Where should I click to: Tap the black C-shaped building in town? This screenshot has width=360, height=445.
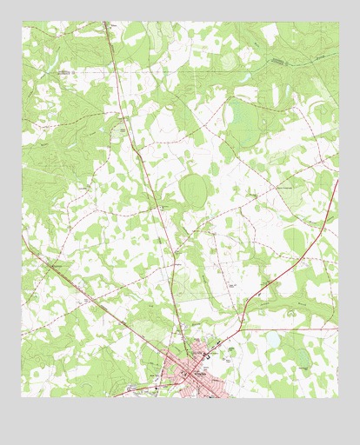[205, 355]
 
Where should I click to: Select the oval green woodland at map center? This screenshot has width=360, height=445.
[193, 189]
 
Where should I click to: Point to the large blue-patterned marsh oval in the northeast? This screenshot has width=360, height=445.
[243, 122]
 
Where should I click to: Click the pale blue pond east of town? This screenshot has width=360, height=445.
[273, 341]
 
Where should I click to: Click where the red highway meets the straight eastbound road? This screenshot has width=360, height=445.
[243, 329]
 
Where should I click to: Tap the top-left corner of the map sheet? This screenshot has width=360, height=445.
[22, 22]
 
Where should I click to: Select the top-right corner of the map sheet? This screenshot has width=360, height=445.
[339, 22]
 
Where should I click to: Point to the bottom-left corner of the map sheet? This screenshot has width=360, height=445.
[22, 397]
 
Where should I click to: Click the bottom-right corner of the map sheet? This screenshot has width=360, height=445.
[339, 397]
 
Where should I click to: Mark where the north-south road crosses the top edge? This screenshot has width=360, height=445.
[106, 22]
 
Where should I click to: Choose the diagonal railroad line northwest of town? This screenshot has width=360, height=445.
[96, 300]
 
